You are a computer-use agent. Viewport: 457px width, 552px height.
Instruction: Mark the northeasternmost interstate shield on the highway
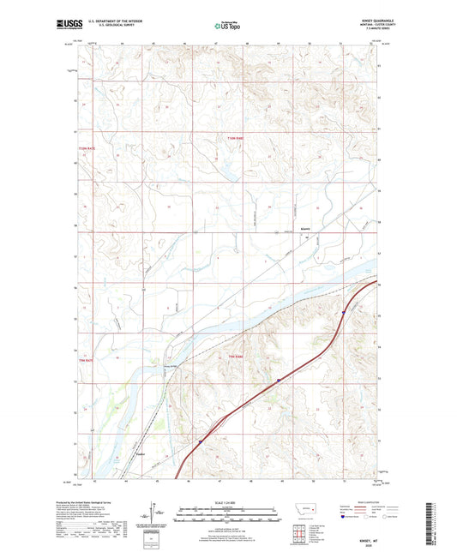(x=342, y=313)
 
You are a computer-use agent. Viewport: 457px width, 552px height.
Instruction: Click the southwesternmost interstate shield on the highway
(x=200, y=442)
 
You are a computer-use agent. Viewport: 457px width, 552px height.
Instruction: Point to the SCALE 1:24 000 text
(x=228, y=501)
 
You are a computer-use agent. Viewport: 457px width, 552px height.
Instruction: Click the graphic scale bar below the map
(x=228, y=515)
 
